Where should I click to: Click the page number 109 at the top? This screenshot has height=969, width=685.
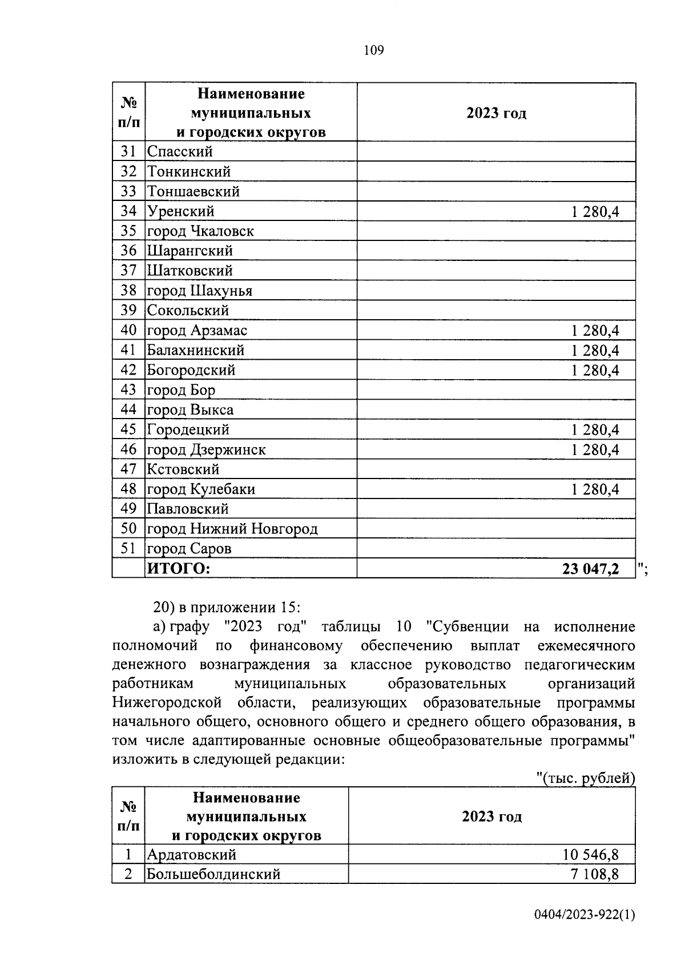[374, 51]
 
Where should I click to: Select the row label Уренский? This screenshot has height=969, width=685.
[180, 211]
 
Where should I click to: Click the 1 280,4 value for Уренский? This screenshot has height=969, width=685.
[595, 212]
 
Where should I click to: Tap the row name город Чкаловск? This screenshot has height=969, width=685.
[200, 231]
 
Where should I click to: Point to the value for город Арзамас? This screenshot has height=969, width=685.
[595, 331]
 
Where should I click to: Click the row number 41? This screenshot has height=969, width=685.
[128, 350]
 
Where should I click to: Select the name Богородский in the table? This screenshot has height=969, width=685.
[191, 370]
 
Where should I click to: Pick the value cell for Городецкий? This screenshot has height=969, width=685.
[595, 429]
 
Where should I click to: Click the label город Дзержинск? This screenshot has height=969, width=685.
[206, 449]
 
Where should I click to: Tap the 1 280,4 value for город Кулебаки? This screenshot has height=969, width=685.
[595, 489]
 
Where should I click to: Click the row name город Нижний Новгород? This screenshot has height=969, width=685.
[232, 529]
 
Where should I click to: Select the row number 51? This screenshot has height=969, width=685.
[128, 549]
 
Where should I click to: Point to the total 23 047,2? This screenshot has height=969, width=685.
[590, 569]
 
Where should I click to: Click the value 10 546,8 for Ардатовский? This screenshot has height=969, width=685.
[590, 855]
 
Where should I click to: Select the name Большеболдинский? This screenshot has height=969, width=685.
[213, 874]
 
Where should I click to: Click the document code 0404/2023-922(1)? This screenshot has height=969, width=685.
[585, 931]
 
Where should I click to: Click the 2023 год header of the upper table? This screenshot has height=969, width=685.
[496, 113]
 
